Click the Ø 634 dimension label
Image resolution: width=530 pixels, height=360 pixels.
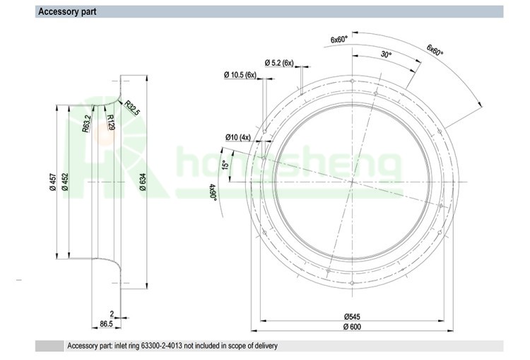[143, 182]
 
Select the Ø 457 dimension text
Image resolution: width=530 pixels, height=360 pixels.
[53, 182]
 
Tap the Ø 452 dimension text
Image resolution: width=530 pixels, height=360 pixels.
[65, 182]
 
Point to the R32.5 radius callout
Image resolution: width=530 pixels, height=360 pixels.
[132, 108]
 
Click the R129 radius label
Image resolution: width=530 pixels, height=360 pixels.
[110, 122]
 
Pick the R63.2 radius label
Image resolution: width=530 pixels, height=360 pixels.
[86, 124]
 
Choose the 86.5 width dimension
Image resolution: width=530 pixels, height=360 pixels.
[106, 324]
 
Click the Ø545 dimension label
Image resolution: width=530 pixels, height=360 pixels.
[352, 317]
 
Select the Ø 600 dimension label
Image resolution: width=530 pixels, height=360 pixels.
[352, 327]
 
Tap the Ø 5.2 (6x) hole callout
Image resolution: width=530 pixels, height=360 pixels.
[279, 63]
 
